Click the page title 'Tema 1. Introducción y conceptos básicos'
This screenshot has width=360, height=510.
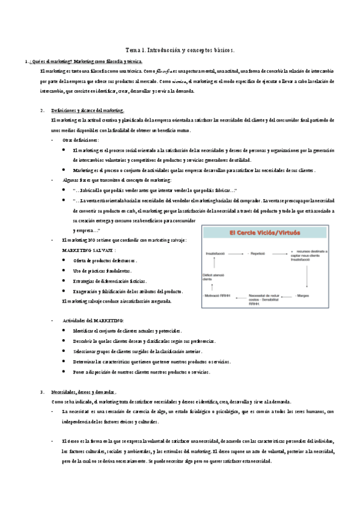coord(179,51)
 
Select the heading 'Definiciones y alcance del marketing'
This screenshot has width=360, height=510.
coord(88,110)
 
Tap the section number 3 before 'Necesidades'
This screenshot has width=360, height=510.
coord(41,392)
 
